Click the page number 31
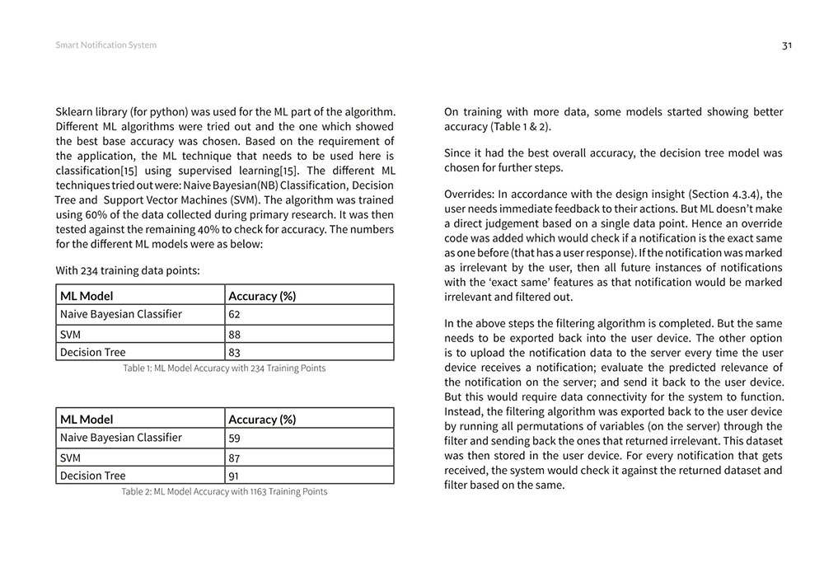click(x=787, y=45)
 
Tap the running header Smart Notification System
click(x=105, y=45)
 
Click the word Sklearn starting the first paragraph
click(x=75, y=111)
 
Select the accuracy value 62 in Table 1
click(x=235, y=314)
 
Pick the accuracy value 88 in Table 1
click(x=235, y=334)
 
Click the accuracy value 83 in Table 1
click(x=235, y=353)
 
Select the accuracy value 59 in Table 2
click(x=235, y=438)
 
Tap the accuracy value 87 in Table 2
click(x=235, y=457)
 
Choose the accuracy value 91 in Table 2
click(x=235, y=476)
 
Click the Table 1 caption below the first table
click(x=224, y=368)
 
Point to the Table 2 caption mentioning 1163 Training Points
click(x=224, y=492)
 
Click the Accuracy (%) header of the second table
click(x=262, y=419)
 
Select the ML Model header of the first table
click(x=87, y=295)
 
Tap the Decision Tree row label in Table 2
click(x=93, y=476)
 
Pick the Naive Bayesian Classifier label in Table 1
click(x=121, y=314)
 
